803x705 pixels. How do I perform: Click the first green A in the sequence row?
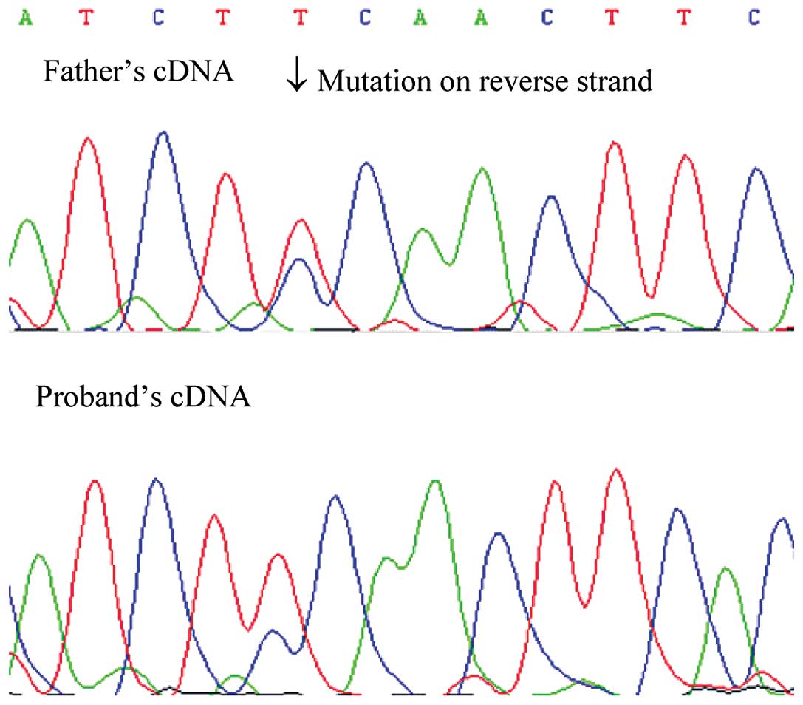27,18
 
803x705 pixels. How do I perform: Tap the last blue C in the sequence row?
753,18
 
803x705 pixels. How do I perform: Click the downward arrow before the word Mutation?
296,79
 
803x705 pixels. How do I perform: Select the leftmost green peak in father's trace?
27,219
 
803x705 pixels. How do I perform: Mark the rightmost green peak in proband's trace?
727,568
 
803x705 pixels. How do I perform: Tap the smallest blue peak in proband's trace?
273,630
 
